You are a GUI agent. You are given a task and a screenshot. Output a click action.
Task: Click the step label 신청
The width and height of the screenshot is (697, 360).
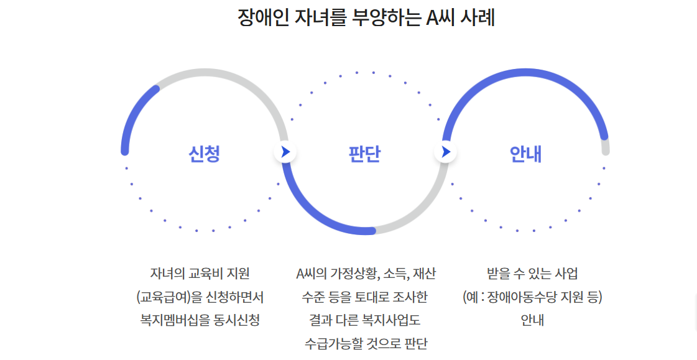tap(205, 153)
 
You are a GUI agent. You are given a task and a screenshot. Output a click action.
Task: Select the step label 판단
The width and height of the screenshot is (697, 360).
tap(365, 153)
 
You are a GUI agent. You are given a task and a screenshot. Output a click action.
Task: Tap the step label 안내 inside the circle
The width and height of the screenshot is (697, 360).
tap(525, 153)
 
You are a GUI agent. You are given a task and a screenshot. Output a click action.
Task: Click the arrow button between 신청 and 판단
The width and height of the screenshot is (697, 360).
tap(285, 151)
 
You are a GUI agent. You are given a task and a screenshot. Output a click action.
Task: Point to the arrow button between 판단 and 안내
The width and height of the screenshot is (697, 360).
tap(445, 151)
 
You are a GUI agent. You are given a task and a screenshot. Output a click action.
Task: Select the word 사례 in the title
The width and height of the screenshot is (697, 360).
tap(478, 17)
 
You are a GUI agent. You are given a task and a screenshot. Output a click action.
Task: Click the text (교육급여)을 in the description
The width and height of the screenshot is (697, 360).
tap(169, 297)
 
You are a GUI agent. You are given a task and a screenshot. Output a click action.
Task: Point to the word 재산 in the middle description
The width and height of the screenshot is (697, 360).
tap(424, 274)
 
